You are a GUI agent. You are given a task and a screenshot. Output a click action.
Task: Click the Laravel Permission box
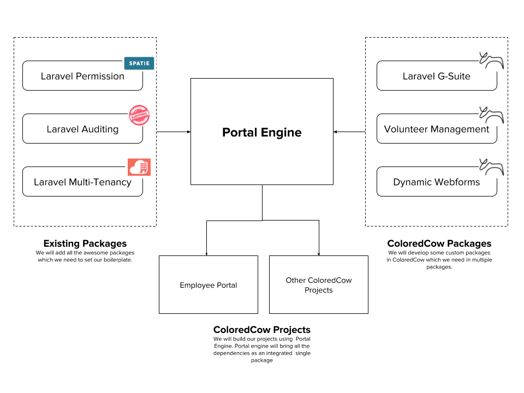pyautogui.click(x=82, y=76)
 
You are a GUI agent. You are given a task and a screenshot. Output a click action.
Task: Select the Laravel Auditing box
pyautogui.click(x=82, y=129)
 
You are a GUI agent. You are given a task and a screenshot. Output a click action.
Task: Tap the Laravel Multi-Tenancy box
pyautogui.click(x=82, y=182)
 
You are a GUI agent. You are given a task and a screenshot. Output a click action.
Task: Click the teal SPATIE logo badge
pyautogui.click(x=139, y=63)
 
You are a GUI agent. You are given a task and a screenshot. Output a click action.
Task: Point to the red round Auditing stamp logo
pyautogui.click(x=139, y=115)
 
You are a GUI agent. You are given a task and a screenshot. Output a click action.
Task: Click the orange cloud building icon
pyautogui.click(x=139, y=167)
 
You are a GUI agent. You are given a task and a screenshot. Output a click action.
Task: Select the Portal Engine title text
pyautogui.click(x=261, y=132)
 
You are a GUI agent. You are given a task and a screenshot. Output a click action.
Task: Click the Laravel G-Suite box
pyautogui.click(x=437, y=76)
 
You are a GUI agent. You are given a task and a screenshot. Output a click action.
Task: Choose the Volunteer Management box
pyautogui.click(x=437, y=129)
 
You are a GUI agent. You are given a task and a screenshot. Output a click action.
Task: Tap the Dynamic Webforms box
pyautogui.click(x=437, y=182)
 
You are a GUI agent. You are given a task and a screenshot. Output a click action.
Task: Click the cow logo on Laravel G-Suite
pyautogui.click(x=491, y=60)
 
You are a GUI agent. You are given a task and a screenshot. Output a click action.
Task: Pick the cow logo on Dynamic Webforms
pyautogui.click(x=491, y=166)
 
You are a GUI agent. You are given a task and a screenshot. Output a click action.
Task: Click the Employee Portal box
pyautogui.click(x=208, y=285)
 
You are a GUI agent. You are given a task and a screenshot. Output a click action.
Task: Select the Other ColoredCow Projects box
pyautogui.click(x=318, y=285)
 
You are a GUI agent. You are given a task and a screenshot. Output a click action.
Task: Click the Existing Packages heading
pyautogui.click(x=85, y=243)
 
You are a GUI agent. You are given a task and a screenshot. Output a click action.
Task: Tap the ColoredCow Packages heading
pyautogui.click(x=439, y=243)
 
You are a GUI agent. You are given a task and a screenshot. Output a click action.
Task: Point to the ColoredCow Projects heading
pyautogui.click(x=261, y=330)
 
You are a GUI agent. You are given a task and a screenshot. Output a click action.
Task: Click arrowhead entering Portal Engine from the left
pyautogui.click(x=188, y=132)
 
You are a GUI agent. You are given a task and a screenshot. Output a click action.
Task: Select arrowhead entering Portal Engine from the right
pyautogui.click(x=335, y=132)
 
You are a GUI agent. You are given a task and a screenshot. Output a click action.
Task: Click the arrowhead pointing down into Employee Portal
pyautogui.click(x=206, y=254)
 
